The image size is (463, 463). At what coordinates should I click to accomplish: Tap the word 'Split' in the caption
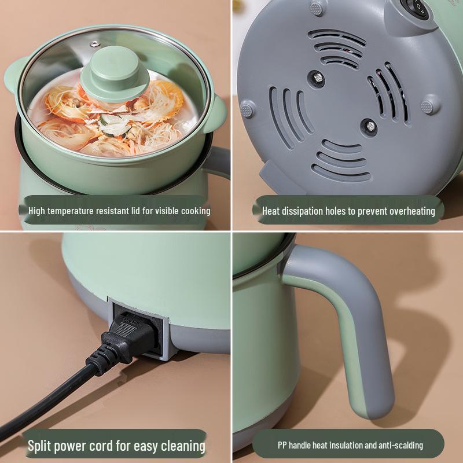(41, 446)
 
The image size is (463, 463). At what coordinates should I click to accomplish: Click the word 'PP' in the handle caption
(282, 445)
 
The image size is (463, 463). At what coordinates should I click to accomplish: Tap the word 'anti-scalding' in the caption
(400, 445)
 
